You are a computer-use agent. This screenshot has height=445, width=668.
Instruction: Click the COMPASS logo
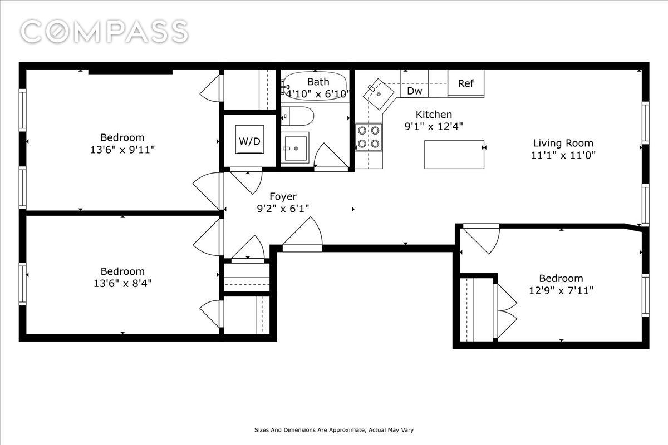[x=105, y=31]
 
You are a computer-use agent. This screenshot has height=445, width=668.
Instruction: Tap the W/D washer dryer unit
[x=249, y=140]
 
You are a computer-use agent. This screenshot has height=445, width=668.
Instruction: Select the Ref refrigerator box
[x=466, y=83]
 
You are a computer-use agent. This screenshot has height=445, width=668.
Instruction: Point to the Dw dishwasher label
[x=415, y=91]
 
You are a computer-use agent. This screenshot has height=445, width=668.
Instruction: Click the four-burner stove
[x=369, y=137]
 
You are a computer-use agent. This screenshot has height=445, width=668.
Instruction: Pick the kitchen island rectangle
[x=454, y=155]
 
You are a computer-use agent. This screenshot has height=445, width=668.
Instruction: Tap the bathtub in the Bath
[x=315, y=86]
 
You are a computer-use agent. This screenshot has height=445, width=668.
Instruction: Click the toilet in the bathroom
[x=297, y=116]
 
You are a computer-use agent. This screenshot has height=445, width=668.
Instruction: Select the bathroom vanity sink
[x=295, y=148]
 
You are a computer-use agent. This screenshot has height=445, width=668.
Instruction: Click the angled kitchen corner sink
[x=378, y=94]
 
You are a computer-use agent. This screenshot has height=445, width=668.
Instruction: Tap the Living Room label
[x=563, y=143]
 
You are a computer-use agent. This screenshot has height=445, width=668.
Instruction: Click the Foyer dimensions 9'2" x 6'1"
[x=283, y=209]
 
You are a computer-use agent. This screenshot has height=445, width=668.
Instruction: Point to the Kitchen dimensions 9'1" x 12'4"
[x=434, y=126]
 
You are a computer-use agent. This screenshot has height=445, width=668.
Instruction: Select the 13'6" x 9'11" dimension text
[x=122, y=149]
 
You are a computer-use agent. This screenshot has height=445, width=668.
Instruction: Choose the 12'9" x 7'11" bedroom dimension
[x=561, y=290]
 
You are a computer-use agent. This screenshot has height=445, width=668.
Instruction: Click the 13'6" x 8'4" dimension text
[x=122, y=283]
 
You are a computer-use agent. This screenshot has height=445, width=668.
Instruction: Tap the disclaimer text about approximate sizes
[x=333, y=430]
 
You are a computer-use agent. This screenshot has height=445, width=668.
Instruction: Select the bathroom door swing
[x=331, y=156]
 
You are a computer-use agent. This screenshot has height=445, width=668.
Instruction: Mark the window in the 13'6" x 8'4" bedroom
[x=23, y=284]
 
